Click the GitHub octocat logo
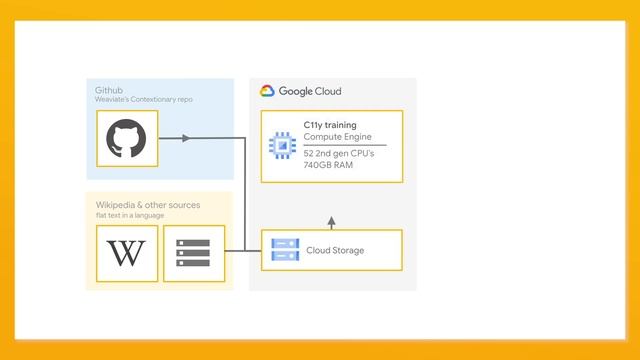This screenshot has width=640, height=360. tap(127, 140)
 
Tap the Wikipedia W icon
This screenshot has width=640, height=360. tap(127, 253)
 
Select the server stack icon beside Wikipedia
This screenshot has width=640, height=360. tap(193, 253)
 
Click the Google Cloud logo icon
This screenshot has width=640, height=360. tap(267, 91)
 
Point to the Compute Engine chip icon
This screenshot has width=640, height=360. tap(282, 146)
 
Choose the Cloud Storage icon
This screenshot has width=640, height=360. tap(285, 250)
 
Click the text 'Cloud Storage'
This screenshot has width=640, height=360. tap(335, 250)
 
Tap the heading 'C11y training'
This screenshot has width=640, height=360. tap(329, 125)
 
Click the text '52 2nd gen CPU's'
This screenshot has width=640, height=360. tap(338, 153)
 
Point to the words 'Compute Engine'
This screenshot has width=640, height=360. tap(337, 136)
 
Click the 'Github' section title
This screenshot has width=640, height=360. tap(108, 90)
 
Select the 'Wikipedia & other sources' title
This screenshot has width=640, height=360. tap(148, 205)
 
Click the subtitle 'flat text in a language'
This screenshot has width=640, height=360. tap(130, 215)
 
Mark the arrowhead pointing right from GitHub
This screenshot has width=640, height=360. tap(186, 138)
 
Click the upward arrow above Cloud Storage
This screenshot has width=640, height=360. tap(331, 220)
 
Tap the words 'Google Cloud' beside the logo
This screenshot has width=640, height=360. tap(311, 91)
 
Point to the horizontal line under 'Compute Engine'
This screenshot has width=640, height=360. tap(344, 145)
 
